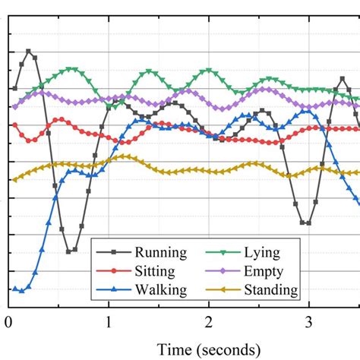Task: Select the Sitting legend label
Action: tap(155, 271)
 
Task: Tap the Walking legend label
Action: tap(159, 289)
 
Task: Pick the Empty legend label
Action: tap(264, 271)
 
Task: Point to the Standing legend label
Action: tap(270, 289)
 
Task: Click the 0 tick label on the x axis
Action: tap(8, 321)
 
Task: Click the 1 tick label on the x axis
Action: tap(108, 321)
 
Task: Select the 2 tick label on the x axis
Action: tap(208, 321)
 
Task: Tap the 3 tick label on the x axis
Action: tap(308, 321)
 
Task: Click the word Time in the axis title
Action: tap(173, 349)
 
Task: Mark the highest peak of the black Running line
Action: tap(28, 52)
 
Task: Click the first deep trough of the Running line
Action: tap(69, 251)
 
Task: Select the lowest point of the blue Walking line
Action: tap(21, 290)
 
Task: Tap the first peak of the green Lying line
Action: tap(71, 69)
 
